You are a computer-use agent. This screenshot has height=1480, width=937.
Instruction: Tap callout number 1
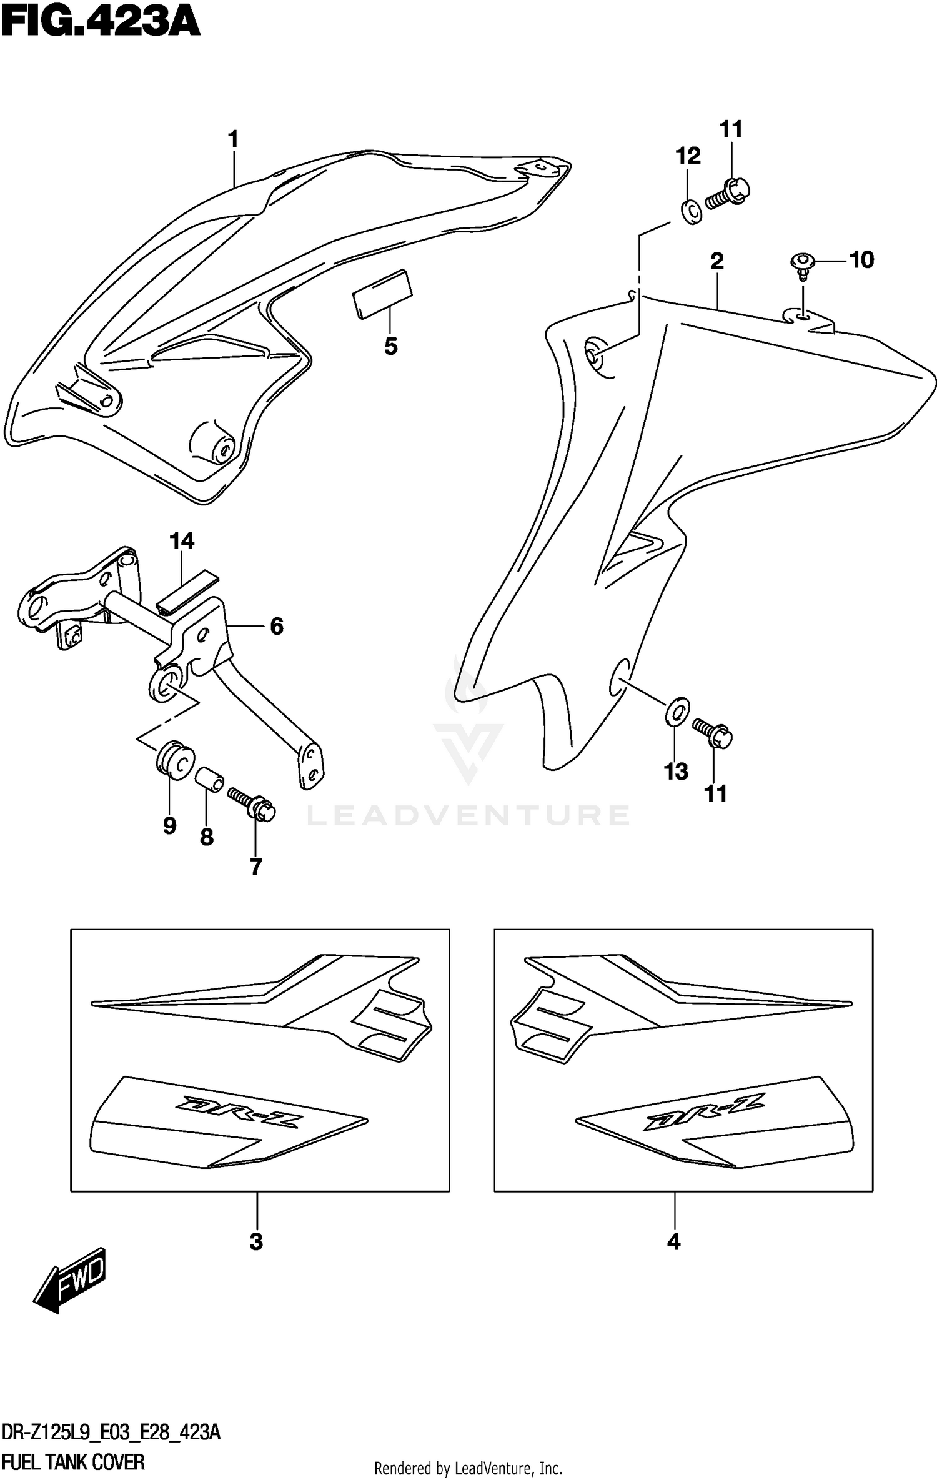coord(234,139)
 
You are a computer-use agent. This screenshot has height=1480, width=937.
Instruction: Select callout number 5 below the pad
coord(390,346)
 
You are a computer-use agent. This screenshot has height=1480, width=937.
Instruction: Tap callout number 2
coord(716,261)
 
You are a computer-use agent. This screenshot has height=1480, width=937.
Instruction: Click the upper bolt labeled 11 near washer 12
coord(728,192)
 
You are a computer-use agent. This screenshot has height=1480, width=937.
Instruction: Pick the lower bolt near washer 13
coord(713,732)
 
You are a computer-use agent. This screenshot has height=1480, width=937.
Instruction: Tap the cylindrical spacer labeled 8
coord(210,781)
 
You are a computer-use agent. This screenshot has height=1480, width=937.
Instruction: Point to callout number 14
coord(182,541)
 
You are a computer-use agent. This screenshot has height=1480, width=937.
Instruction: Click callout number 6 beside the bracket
coord(277,626)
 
